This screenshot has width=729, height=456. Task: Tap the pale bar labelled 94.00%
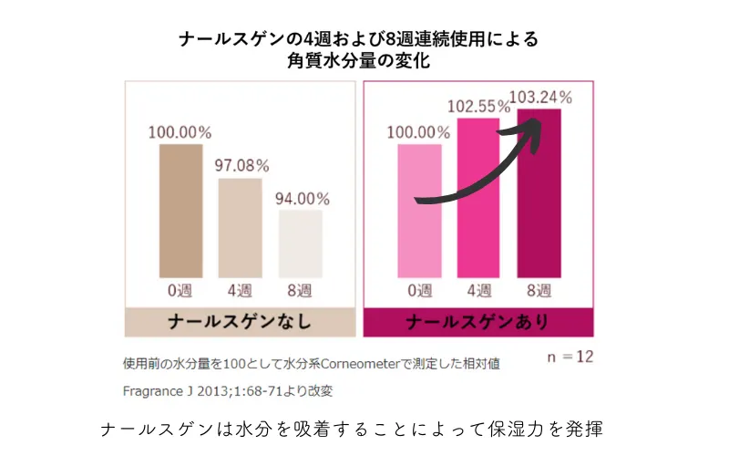pyautogui.click(x=300, y=244)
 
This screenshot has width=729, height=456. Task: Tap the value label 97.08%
pyautogui.click(x=241, y=166)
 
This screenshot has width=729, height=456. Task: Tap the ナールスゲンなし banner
pyautogui.click(x=240, y=323)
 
